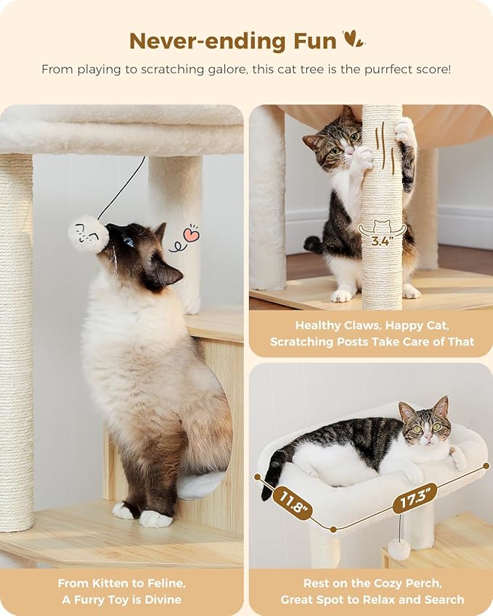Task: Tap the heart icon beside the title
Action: click(x=353, y=39)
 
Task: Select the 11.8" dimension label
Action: click(x=293, y=504)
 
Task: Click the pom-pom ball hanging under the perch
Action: click(x=399, y=549)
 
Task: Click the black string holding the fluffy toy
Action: click(x=123, y=186)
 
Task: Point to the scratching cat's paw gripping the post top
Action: click(x=404, y=131)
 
